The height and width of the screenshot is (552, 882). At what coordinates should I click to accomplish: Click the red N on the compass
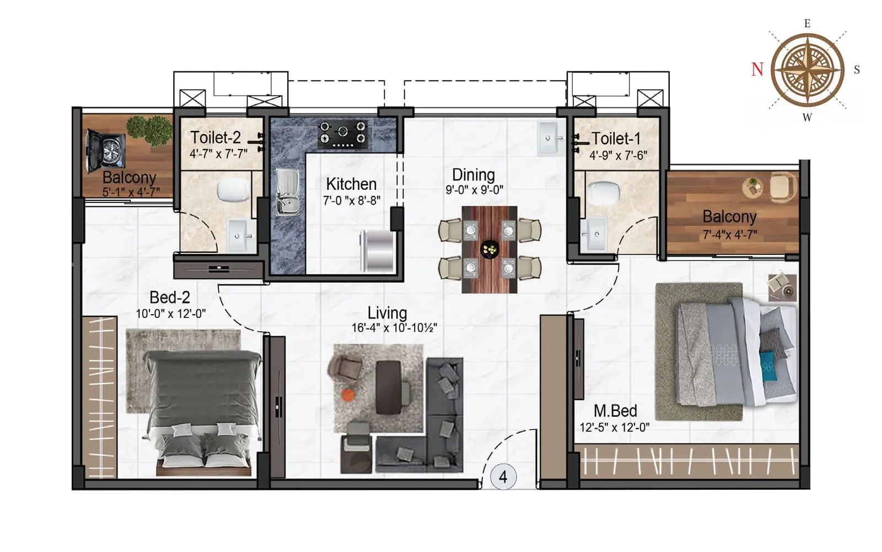pyautogui.click(x=757, y=69)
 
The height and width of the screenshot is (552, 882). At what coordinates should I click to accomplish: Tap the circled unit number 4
pyautogui.click(x=503, y=476)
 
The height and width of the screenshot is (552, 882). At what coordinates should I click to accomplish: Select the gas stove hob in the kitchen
pyautogui.click(x=343, y=134)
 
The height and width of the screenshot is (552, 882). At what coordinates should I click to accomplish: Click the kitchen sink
pyautogui.click(x=287, y=192)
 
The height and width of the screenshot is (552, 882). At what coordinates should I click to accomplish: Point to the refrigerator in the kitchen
pyautogui.click(x=378, y=251)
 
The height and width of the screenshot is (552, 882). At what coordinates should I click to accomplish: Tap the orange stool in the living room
pyautogui.click(x=348, y=395)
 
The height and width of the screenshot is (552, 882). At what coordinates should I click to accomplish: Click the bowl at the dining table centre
pyautogui.click(x=490, y=249)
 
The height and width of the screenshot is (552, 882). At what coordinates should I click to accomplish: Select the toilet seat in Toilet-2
pyautogui.click(x=234, y=190)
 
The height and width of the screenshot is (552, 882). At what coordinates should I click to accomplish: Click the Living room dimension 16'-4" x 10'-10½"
pyautogui.click(x=394, y=328)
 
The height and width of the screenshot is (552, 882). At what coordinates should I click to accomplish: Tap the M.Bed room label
pyautogui.click(x=615, y=411)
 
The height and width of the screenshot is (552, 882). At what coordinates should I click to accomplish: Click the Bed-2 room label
pyautogui.click(x=170, y=298)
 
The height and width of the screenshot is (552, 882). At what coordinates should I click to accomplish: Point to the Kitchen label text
pyautogui.click(x=351, y=184)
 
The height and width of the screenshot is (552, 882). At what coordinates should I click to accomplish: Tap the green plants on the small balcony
pyautogui.click(x=149, y=130)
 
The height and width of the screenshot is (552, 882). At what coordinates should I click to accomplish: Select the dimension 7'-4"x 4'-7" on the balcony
pyautogui.click(x=729, y=235)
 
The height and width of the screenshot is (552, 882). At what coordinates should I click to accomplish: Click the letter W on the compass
pyautogui.click(x=807, y=117)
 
